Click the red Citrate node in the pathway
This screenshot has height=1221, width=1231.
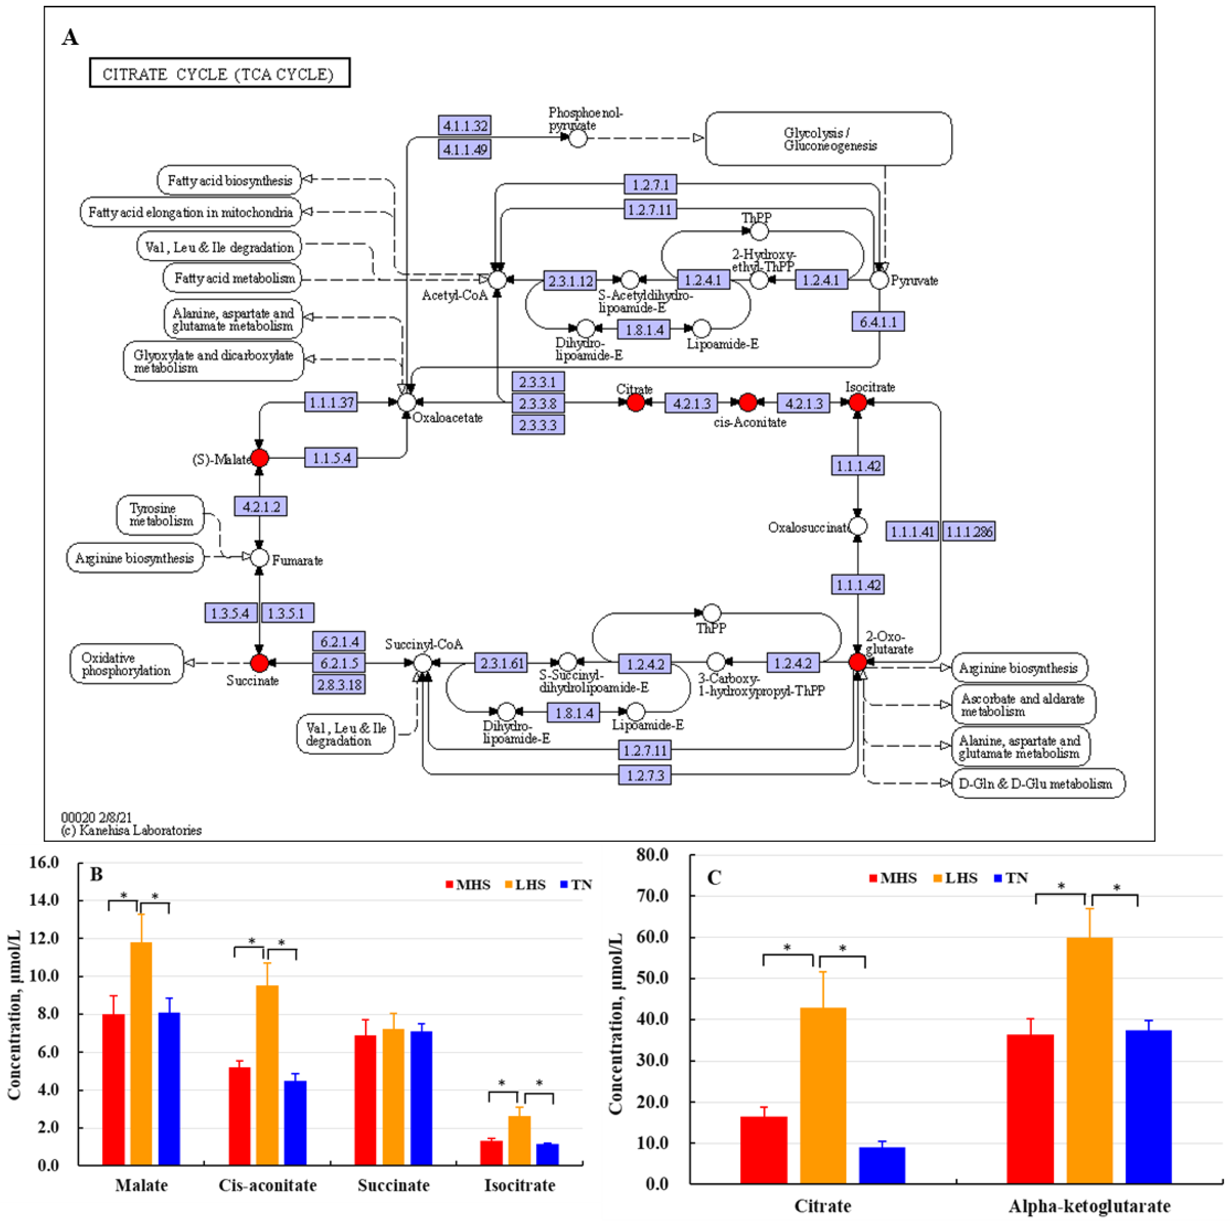[x=635, y=402]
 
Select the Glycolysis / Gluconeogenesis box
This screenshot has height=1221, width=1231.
[x=828, y=139]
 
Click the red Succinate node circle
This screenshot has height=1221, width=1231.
[x=259, y=663]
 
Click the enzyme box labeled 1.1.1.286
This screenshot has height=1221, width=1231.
[x=969, y=531]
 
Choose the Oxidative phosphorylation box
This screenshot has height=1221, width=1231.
[x=126, y=664]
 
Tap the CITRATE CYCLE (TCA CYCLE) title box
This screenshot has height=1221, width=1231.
[x=219, y=73]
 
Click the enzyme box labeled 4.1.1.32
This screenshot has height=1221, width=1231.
[x=465, y=125]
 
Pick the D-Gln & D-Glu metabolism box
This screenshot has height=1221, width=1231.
[x=1037, y=784]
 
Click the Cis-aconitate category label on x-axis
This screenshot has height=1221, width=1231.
[x=267, y=1185]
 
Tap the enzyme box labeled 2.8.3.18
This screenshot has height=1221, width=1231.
[x=339, y=685]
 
